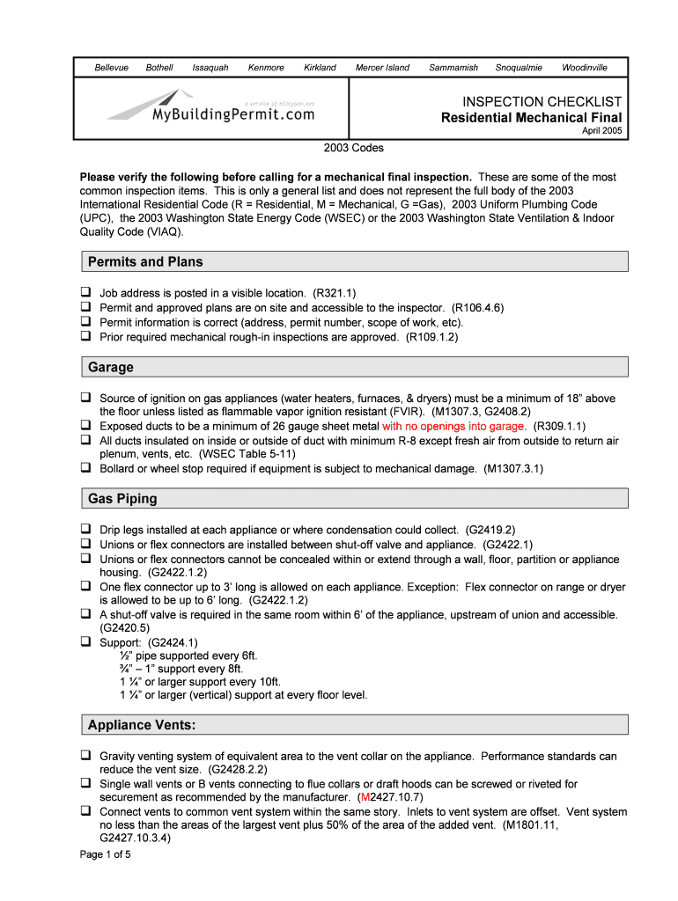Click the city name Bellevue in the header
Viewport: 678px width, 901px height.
112,68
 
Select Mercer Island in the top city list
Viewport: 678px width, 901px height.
382,68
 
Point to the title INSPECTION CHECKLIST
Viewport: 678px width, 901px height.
536,102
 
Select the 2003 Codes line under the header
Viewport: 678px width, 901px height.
354,148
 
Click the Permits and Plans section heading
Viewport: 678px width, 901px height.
145,261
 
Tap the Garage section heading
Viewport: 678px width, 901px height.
111,367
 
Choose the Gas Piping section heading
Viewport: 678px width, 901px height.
122,499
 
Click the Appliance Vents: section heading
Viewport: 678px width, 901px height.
142,725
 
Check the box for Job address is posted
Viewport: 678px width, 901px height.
86,292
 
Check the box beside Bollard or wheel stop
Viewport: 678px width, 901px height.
86,468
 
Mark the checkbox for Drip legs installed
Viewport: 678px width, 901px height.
86,530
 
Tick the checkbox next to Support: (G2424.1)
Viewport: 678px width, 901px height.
86,641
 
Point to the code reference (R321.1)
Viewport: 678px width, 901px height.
334,293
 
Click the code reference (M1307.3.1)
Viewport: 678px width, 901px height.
513,469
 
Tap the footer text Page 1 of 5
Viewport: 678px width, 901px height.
105,853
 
